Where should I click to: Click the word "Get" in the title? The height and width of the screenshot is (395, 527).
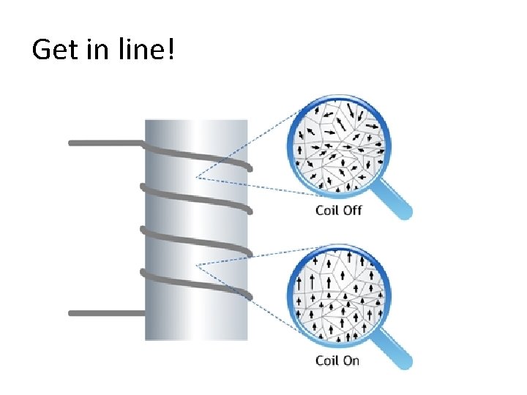pos(52,50)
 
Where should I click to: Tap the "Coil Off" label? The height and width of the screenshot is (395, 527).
pos(338,211)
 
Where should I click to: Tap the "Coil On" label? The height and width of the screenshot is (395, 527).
pos(337,360)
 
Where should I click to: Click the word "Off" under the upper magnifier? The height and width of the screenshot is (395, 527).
pos(353,211)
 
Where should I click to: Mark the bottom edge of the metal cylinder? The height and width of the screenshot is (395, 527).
pos(196,339)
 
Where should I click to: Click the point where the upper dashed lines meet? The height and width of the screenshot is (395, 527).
pos(196,178)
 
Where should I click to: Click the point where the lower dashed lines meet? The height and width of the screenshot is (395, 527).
pos(196,264)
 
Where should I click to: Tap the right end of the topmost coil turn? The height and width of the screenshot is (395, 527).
pos(250,168)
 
